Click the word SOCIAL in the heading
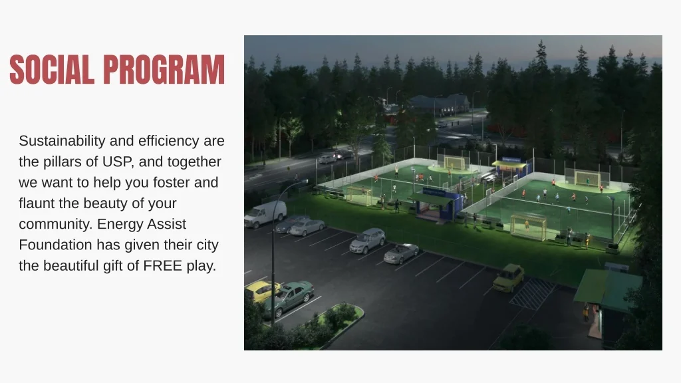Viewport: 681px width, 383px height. coord(52,69)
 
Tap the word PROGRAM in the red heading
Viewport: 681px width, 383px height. coord(164,69)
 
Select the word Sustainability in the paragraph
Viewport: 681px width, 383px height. coord(62,141)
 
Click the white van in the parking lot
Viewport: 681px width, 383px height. coord(265,213)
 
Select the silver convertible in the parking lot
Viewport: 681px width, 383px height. coord(401,253)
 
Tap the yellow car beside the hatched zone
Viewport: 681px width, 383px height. coord(509,277)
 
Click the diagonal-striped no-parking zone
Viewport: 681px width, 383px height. coord(533,293)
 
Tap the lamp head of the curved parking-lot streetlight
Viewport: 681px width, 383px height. coord(304,182)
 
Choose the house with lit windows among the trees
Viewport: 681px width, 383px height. coord(440,104)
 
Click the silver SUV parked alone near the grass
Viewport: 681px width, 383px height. coord(367,240)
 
